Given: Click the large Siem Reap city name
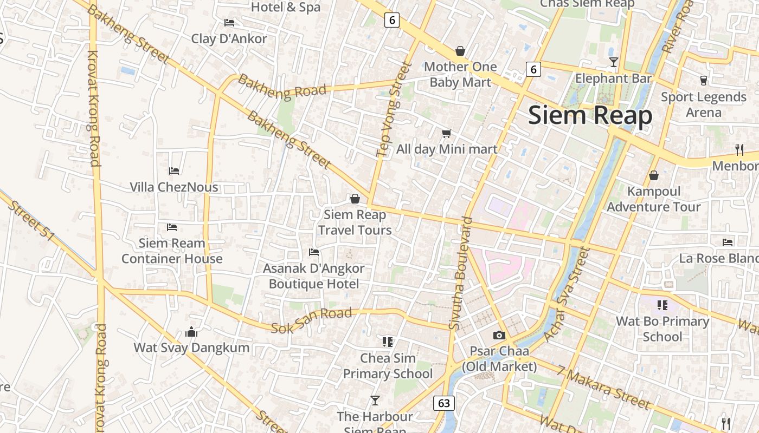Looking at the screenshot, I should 590,115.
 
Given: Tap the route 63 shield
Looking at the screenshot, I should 443,403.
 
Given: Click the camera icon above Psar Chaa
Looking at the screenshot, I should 499,336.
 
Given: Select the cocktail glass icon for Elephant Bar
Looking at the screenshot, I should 613,62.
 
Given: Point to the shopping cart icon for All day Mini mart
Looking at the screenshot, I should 446,133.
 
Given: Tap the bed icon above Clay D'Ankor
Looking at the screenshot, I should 229,23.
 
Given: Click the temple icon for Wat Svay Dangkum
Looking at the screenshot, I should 191,331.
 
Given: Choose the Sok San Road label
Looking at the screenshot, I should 311,320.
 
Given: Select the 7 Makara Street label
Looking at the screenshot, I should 603,388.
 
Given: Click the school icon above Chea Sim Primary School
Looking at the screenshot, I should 387,342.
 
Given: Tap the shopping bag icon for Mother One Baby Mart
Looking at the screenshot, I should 460,51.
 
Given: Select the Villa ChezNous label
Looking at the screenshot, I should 174,187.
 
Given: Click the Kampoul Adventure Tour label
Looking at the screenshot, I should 653,199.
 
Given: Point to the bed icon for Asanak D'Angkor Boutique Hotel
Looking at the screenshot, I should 313,252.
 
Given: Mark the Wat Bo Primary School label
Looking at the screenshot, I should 662,329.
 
